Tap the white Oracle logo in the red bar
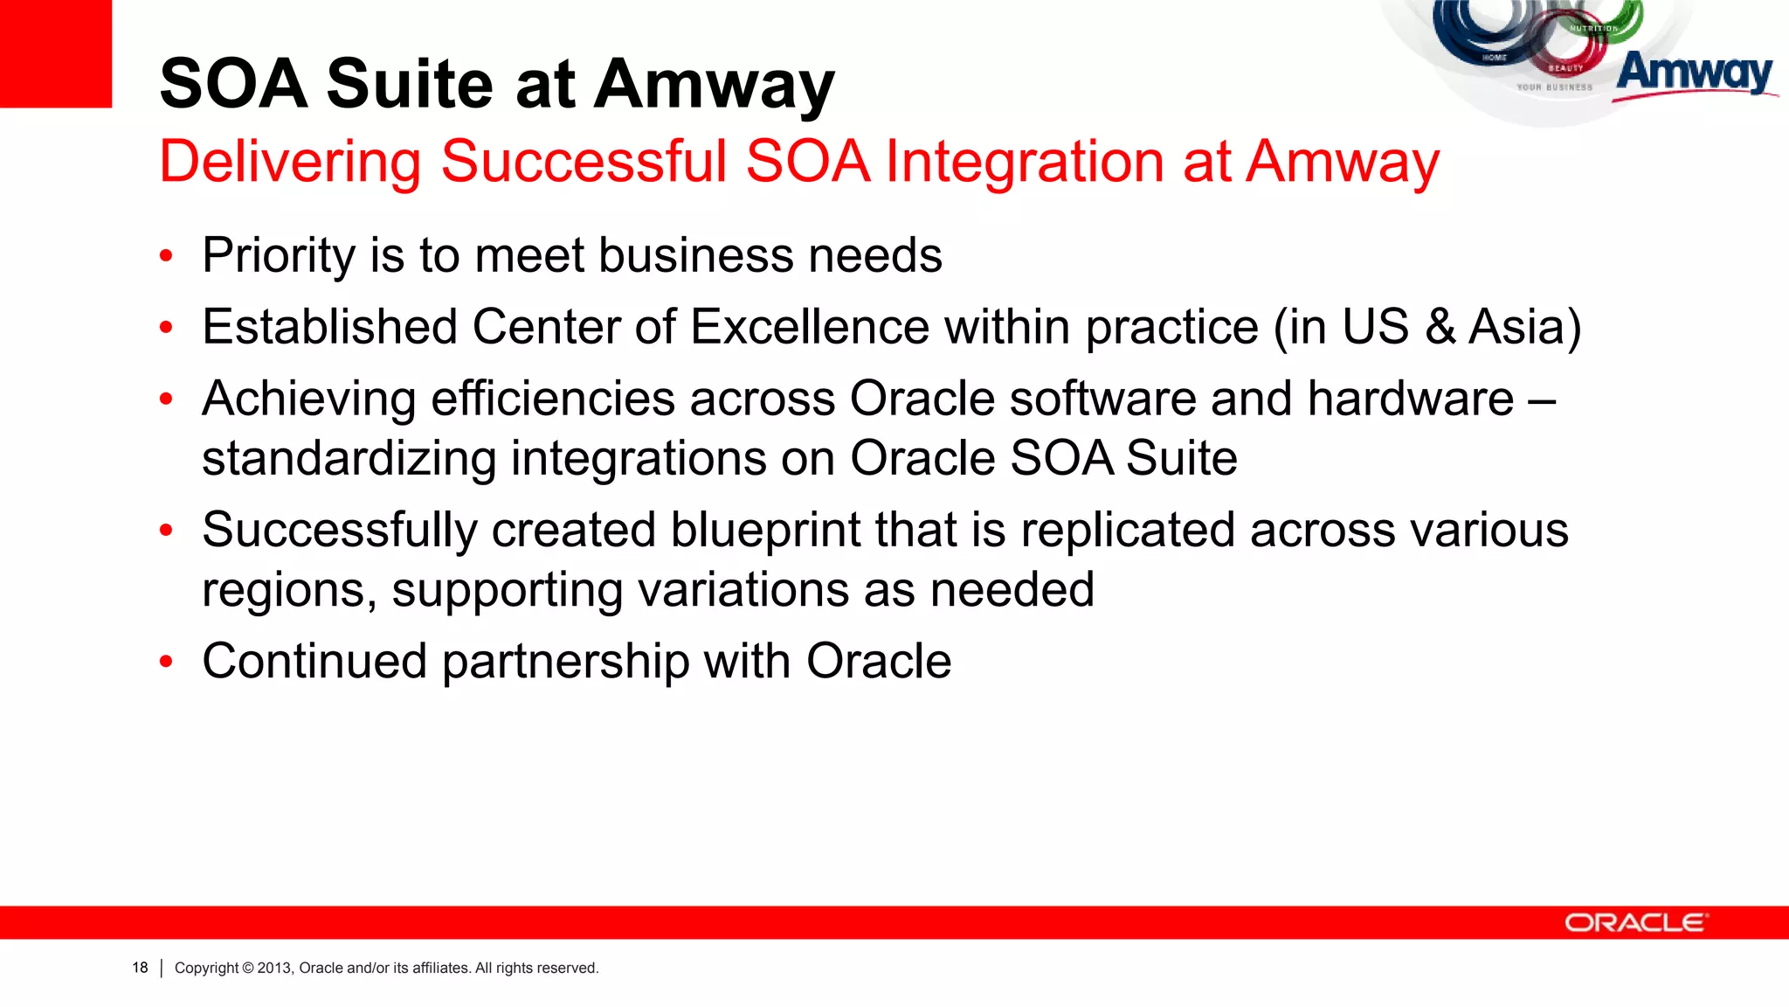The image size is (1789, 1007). click(x=1634, y=923)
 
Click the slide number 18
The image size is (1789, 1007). click(x=140, y=968)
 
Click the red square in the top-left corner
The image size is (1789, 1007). click(x=55, y=52)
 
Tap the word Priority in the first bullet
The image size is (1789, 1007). click(x=278, y=256)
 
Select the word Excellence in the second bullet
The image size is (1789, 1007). click(x=810, y=327)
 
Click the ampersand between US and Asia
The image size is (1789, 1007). click(x=1439, y=327)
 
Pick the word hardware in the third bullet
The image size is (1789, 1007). click(x=1411, y=399)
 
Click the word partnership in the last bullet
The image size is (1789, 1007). click(x=565, y=662)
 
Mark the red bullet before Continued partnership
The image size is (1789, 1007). click(x=167, y=662)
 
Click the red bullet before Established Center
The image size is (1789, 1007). click(x=167, y=328)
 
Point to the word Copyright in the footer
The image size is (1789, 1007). click(x=206, y=968)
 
